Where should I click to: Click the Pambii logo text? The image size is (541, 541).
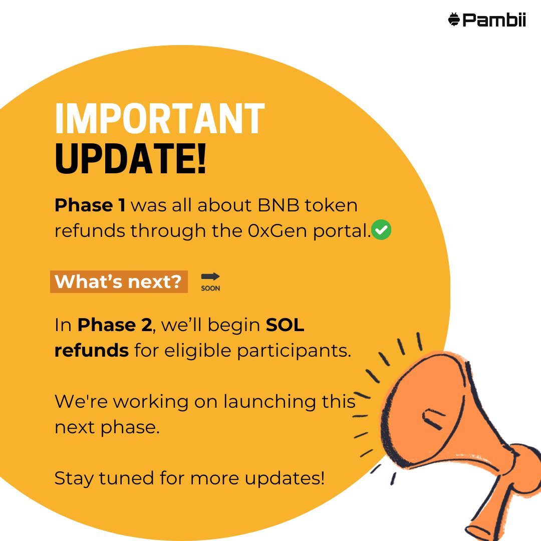pos(494,20)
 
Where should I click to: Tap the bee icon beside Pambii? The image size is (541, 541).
pos(454,20)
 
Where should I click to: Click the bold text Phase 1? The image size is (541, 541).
pos(90,205)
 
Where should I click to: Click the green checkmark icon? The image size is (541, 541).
pos(382,230)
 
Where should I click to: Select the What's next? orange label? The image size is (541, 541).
pos(119,282)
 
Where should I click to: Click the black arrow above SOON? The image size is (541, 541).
pos(210,277)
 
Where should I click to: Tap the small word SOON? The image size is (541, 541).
pos(210,289)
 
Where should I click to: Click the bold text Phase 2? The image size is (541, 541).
pos(114,326)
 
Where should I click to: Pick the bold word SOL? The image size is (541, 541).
pos(285,326)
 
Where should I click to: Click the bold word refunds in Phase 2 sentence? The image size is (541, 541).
pos(92,351)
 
